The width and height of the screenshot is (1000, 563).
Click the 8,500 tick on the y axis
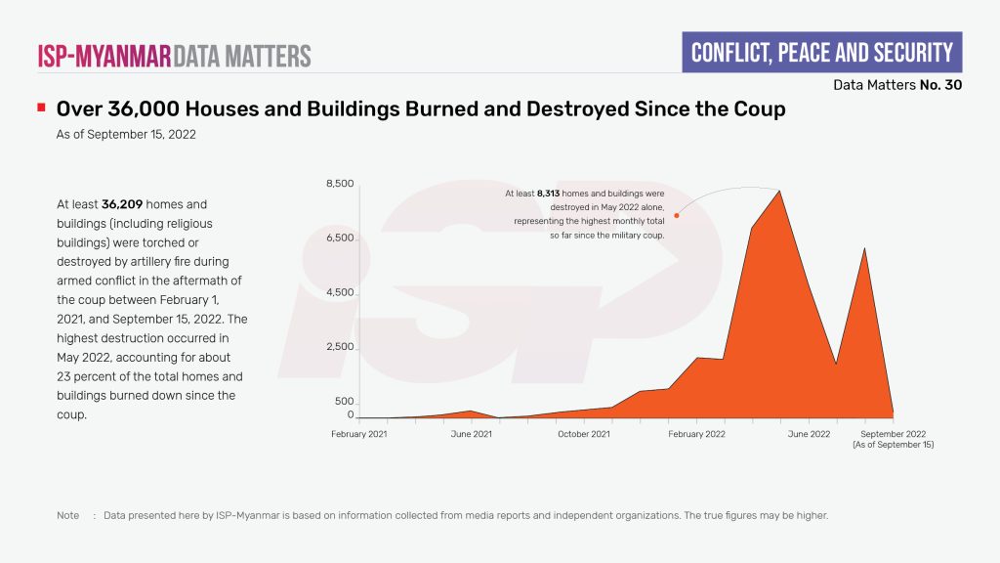pyautogui.click(x=340, y=184)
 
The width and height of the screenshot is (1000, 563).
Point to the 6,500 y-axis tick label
pyautogui.click(x=340, y=238)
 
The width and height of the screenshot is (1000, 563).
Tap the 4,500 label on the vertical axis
pyautogui.click(x=340, y=292)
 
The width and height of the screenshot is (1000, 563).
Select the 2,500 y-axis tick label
pyautogui.click(x=340, y=347)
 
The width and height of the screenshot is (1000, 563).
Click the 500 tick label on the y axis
pyautogui.click(x=344, y=402)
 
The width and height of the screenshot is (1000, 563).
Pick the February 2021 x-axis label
pyautogui.click(x=359, y=434)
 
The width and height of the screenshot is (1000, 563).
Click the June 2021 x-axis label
pyautogui.click(x=472, y=434)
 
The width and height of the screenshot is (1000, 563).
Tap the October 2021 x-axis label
pyautogui.click(x=584, y=434)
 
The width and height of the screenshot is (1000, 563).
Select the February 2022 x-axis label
pyautogui.click(x=696, y=434)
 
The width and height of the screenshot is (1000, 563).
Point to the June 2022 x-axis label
pyautogui.click(x=809, y=434)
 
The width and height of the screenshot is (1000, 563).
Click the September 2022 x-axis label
pyautogui.click(x=893, y=434)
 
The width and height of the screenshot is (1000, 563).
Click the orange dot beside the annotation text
pyautogui.click(x=677, y=215)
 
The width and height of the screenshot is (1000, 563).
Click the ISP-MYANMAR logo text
pyautogui.click(x=104, y=55)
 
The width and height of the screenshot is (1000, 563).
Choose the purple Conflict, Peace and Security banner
pyautogui.click(x=821, y=52)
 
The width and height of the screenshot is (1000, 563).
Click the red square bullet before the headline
pyautogui.click(x=41, y=107)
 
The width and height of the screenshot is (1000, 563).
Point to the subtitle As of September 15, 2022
pyautogui.click(x=126, y=135)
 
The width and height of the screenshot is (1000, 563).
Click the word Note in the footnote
pyautogui.click(x=67, y=515)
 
